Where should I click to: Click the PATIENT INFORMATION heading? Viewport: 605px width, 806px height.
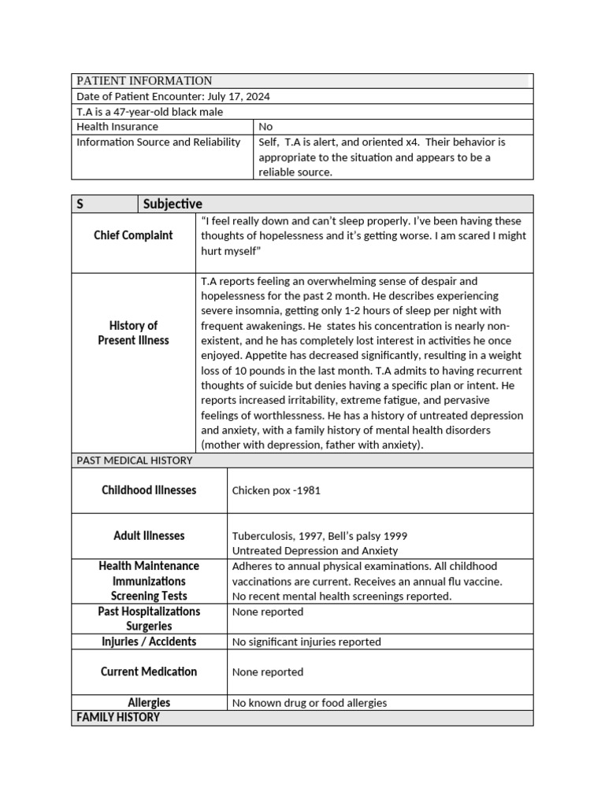click(144, 80)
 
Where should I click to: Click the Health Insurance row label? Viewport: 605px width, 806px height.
click(117, 127)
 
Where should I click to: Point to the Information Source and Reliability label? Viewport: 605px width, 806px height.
click(158, 142)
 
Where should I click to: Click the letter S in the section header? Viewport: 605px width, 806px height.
click(80, 204)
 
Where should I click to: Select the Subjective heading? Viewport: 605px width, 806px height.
click(173, 204)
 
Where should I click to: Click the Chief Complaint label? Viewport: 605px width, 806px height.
click(133, 235)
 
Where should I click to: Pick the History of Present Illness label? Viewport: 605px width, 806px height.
click(133, 333)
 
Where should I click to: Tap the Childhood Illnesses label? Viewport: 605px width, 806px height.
click(149, 490)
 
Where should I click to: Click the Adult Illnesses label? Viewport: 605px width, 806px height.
click(149, 536)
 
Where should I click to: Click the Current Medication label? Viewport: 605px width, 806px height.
click(149, 671)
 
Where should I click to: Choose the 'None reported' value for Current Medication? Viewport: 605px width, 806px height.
click(268, 672)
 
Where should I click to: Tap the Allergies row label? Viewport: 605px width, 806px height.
click(149, 702)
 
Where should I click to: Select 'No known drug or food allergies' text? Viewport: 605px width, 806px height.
click(310, 703)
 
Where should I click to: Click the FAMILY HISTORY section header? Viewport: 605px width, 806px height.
click(118, 717)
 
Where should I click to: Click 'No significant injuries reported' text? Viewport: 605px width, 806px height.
click(306, 641)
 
